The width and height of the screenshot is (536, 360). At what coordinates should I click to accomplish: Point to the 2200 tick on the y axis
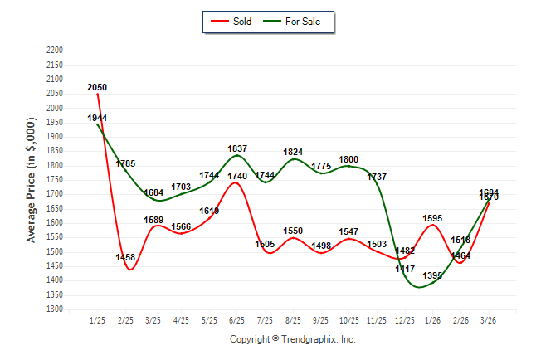pos(54,51)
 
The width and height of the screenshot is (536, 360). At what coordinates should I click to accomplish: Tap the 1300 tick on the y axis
pos(54,309)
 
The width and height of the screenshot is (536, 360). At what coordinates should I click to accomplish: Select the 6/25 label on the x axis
pos(236,320)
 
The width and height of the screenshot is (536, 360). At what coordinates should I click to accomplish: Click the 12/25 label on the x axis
pos(405,320)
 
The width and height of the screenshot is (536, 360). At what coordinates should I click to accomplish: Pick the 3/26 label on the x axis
pos(489,320)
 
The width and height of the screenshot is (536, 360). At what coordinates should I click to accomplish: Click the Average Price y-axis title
pos(32,180)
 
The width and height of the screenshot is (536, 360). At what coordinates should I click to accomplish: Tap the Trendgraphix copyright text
pos(292,339)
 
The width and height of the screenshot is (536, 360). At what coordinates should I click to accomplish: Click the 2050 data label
pos(97,87)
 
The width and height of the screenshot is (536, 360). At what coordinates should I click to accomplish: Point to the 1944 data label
pos(97,119)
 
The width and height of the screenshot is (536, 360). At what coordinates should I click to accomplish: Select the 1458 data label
pos(125,258)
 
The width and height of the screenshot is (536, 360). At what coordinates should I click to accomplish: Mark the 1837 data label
pos(236,149)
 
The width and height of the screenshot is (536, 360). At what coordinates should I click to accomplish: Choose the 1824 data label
pos(293,153)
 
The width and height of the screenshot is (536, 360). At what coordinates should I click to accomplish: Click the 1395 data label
pos(433,275)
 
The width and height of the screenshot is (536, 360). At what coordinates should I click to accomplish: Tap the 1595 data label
pos(433,218)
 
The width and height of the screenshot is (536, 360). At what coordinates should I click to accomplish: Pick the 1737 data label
pos(377,178)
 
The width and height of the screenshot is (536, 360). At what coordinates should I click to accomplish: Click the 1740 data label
pos(236,177)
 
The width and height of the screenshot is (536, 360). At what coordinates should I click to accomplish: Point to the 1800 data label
pos(348,159)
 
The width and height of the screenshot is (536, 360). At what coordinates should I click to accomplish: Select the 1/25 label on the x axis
pos(97,320)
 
